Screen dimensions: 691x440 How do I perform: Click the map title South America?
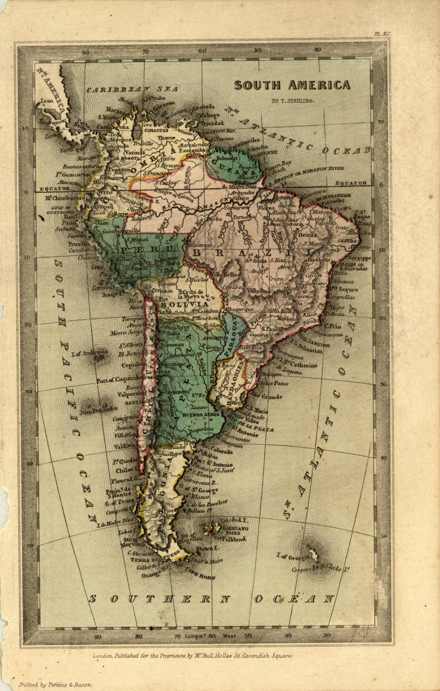[292, 85]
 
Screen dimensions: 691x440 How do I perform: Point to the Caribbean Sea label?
[132, 90]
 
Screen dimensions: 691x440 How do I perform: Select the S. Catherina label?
[301, 365]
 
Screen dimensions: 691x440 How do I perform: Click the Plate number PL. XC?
[382, 33]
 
